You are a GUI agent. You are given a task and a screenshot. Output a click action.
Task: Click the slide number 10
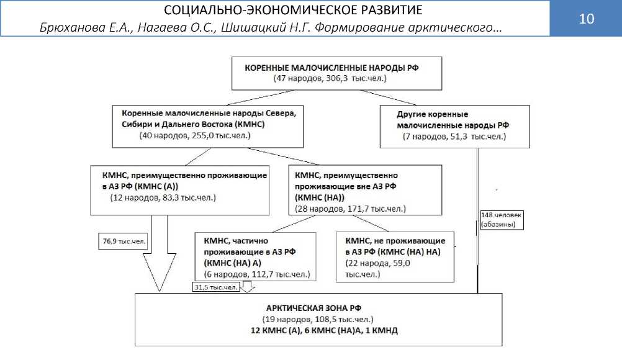pos(586,19)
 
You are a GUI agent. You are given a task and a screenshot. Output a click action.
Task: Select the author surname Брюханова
pos(69,29)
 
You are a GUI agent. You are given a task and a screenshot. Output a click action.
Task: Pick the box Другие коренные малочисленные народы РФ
pos(454,126)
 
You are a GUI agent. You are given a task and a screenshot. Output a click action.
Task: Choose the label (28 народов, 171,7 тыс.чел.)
pos(349,209)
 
